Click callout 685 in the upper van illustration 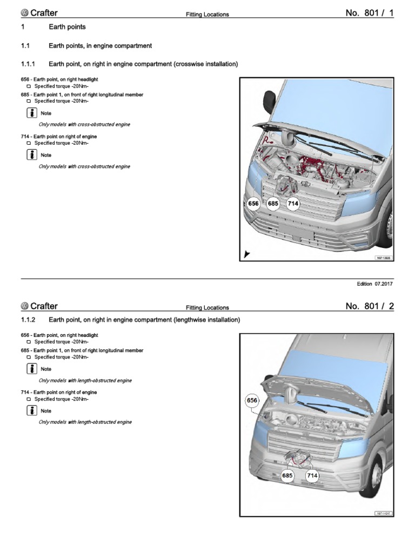click(273, 204)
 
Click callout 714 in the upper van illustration click(292, 204)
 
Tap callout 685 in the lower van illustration click(287, 476)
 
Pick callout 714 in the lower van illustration click(312, 476)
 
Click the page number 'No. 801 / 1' click(370, 13)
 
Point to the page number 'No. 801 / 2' click(370, 307)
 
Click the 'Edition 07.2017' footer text click(375, 284)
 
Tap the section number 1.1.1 click(28, 64)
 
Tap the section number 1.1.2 click(28, 320)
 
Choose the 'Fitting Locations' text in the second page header click(207, 308)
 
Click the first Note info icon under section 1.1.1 click(31, 113)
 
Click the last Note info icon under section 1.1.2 click(31, 410)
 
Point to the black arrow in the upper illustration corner click(247, 253)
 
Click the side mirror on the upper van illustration click(269, 100)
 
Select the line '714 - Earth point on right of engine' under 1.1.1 click(59, 137)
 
